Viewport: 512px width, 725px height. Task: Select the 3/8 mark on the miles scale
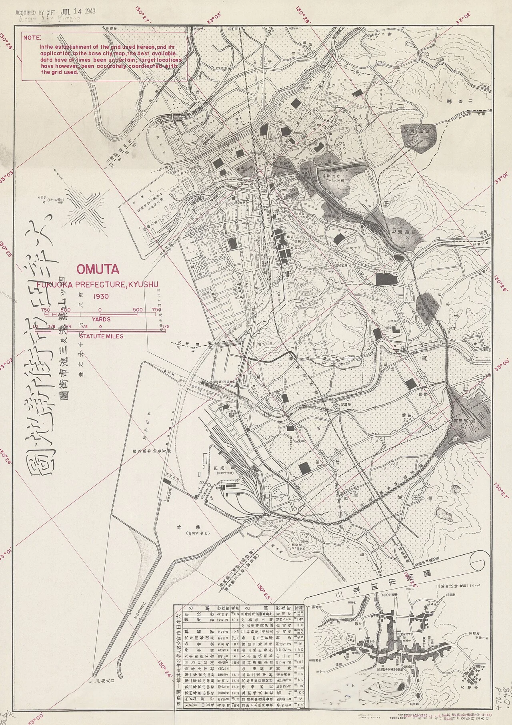point(52,327)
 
